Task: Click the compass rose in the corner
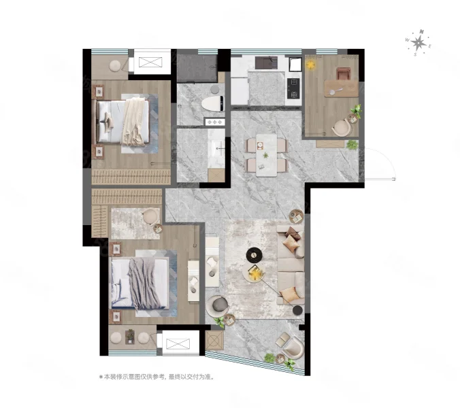click(418, 43)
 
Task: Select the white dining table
click(266, 155)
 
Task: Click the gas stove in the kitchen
click(294, 88)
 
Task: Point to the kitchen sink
click(266, 63)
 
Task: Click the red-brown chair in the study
click(343, 73)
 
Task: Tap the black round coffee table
click(254, 256)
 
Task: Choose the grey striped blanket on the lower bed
click(144, 284)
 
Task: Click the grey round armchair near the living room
click(217, 305)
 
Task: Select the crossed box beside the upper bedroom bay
click(150, 63)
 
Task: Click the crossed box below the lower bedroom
click(178, 343)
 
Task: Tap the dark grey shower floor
click(197, 68)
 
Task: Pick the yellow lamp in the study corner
click(310, 64)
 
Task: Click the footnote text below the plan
click(157, 377)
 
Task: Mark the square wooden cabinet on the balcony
click(214, 340)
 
